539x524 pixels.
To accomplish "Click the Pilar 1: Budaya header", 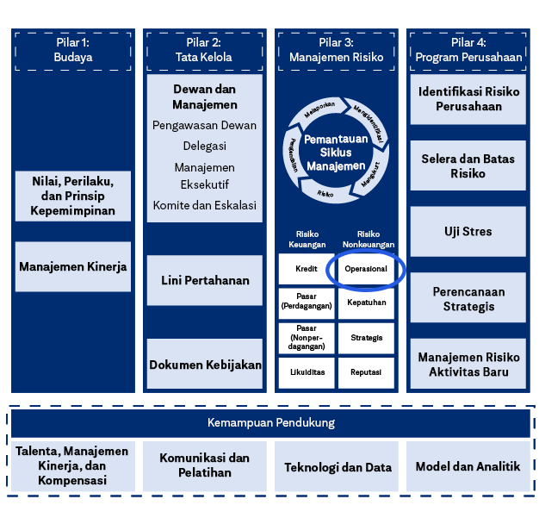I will point(72,50).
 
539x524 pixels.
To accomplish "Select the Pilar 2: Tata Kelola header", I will point(204,50).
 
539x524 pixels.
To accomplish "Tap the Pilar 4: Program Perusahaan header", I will point(468,50).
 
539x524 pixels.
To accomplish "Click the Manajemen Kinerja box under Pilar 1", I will point(72,266).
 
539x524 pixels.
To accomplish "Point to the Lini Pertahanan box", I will point(204,280).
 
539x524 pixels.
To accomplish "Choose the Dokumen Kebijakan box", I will point(204,365).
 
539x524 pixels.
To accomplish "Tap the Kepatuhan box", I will point(366,303).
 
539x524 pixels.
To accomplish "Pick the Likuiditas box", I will point(307,372).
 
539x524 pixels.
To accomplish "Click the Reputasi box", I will point(366,372).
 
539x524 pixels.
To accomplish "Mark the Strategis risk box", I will point(366,338).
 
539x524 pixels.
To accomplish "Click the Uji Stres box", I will point(468,232).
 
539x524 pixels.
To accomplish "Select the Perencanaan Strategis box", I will point(468,299).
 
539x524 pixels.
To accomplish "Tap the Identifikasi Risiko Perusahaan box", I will point(468,99).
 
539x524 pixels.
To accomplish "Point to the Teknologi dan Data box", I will point(338,467).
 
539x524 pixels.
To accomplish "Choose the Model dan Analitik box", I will point(468,467).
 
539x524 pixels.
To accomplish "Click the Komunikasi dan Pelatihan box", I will point(204,466).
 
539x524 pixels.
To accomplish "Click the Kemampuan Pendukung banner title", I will point(270,423).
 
